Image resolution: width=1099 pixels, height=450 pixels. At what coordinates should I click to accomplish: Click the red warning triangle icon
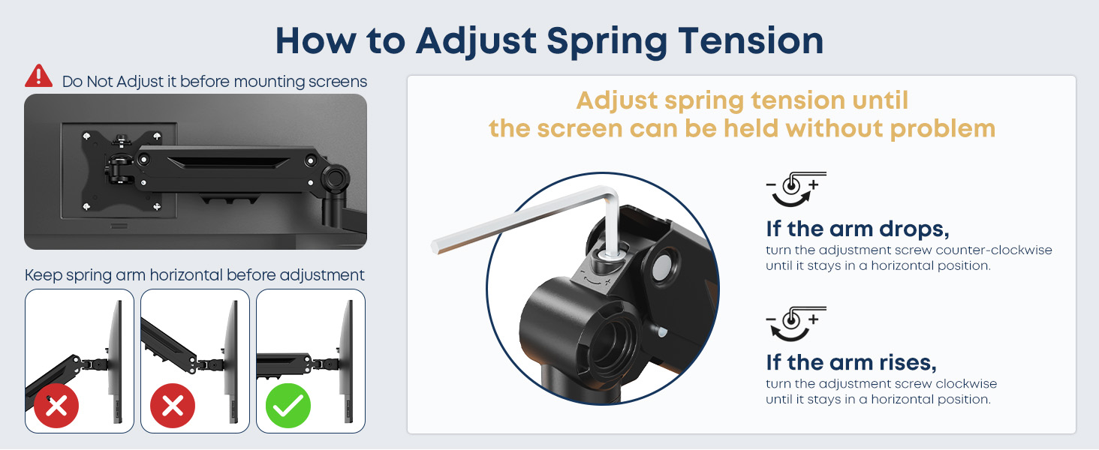pos(39,76)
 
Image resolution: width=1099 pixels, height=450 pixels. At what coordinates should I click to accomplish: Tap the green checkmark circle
pos(288,406)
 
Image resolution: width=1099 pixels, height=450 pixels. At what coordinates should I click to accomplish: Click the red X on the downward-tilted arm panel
pos(56,406)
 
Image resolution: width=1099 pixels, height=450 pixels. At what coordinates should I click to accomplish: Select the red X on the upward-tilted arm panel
pos(172,406)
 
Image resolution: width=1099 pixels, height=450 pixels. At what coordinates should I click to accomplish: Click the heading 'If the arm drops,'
pos(857,229)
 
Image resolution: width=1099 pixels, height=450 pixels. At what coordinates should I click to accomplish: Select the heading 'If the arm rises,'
pos(851,363)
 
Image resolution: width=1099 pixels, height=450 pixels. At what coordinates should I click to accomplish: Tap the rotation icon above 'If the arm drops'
pos(796,189)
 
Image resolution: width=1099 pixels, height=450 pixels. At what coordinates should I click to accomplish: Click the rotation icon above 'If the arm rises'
pos(796,323)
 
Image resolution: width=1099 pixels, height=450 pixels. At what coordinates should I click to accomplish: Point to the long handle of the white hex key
pos(520,219)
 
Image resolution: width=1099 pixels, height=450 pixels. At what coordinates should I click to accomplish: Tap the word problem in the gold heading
pos(943,130)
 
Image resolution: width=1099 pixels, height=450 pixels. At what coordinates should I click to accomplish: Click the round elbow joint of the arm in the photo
pos(335,178)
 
